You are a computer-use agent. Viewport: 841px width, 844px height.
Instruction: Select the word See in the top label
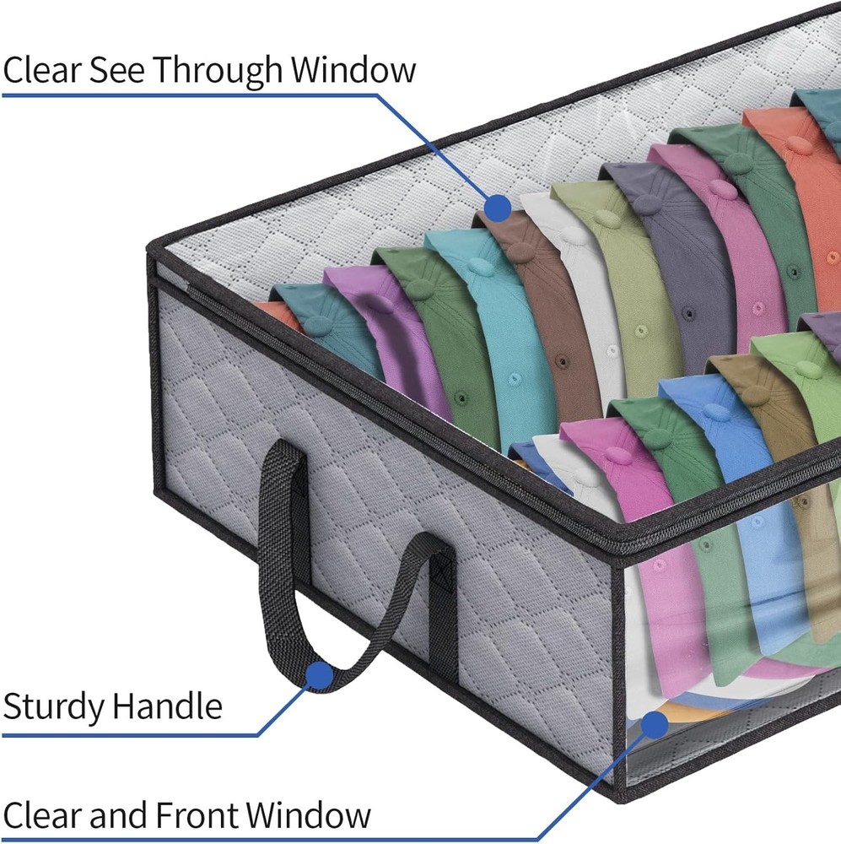pos(120,69)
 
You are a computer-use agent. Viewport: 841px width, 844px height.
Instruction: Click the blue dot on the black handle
pos(318,674)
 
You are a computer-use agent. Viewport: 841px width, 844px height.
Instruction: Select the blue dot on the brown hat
pos(498,205)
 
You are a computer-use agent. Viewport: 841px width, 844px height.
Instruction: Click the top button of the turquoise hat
pos(478,266)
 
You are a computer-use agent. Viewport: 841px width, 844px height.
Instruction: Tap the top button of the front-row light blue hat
pos(715,412)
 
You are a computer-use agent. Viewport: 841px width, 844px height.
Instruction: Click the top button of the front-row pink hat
pos(617,455)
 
